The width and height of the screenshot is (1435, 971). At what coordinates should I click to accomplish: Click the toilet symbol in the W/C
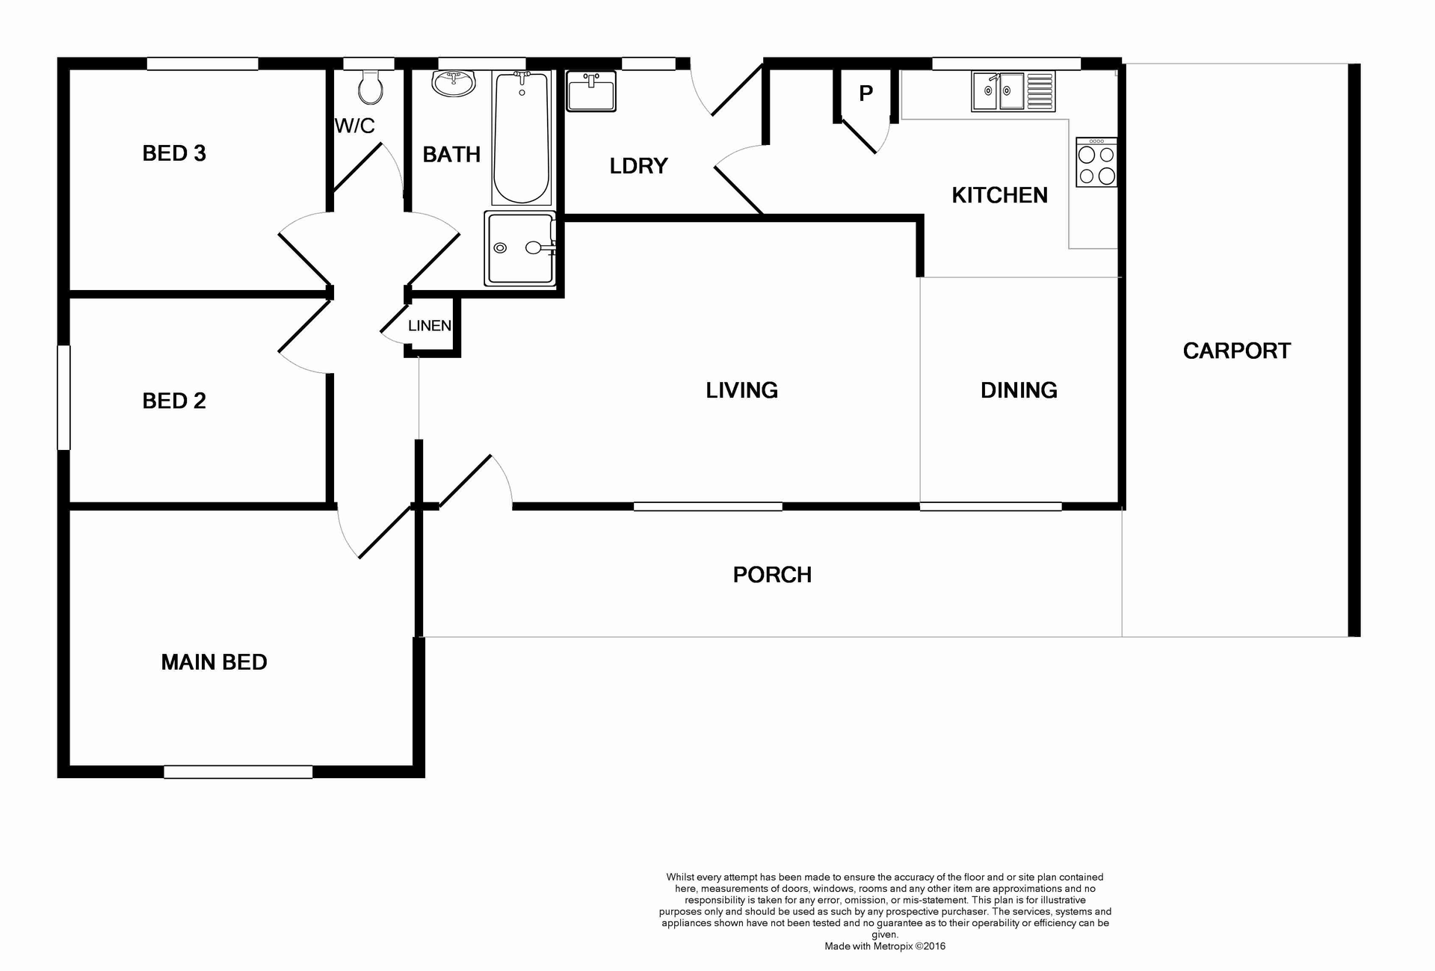370,87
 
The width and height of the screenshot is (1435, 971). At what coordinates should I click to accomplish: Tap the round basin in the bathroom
453,84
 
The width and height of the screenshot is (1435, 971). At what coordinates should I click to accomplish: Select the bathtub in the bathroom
521,138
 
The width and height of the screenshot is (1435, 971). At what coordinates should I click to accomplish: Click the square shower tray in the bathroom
520,248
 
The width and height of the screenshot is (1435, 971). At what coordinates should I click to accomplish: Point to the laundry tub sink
590,92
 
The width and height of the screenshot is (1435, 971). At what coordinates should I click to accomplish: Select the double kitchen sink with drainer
1013,91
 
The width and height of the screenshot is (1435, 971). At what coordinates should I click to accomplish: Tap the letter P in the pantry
865,93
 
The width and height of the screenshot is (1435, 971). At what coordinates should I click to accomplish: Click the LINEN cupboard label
429,326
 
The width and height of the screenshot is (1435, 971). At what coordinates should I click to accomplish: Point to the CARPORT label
1236,351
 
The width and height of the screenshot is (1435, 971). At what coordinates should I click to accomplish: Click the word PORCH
772,575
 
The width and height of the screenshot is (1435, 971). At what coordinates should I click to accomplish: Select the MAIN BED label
214,662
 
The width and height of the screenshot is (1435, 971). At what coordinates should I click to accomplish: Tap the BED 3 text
173,153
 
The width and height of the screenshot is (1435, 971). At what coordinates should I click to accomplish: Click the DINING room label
1018,390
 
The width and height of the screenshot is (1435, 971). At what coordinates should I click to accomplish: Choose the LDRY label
638,166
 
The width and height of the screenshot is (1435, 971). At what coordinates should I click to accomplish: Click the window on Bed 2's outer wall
64,397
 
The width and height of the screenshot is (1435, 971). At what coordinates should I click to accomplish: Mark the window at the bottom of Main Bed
238,772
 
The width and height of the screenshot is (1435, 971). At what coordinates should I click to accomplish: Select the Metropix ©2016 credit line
885,946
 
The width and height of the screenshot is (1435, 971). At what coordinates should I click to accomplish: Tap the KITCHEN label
999,195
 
